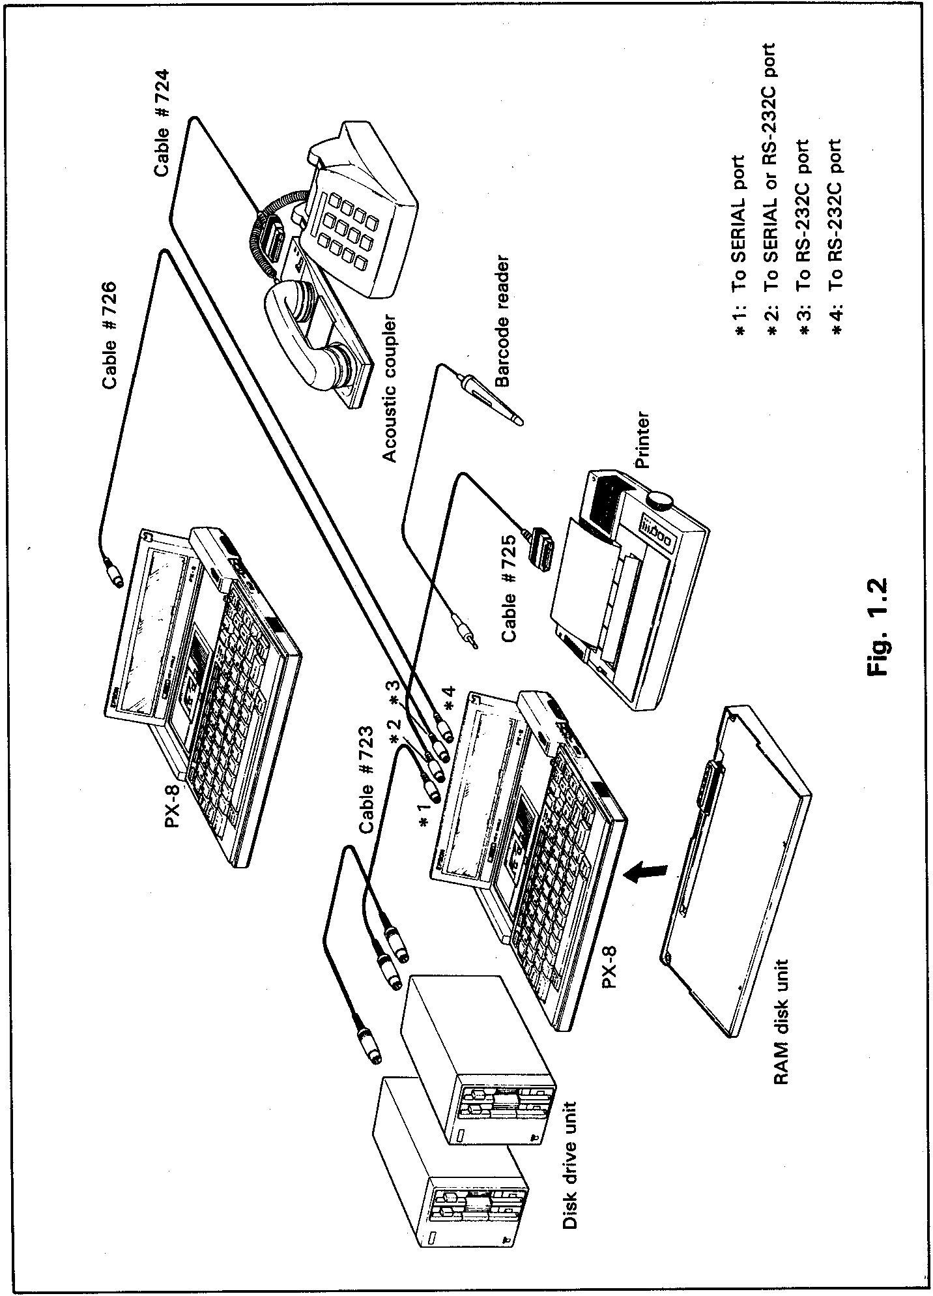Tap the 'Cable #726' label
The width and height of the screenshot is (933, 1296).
109,335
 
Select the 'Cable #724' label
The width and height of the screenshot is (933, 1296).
162,122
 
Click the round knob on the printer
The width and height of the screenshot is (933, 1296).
660,501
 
